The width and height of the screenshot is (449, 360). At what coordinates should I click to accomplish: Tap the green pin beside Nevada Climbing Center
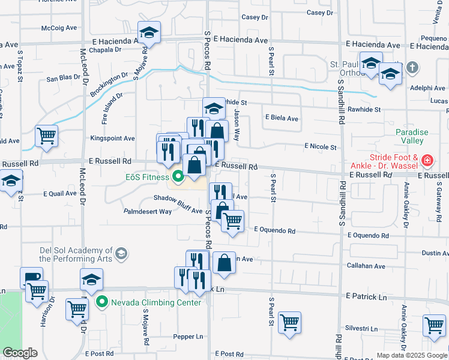101,302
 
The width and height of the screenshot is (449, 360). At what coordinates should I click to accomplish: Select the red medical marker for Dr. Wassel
426,160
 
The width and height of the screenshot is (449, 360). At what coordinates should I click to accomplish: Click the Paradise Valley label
409,136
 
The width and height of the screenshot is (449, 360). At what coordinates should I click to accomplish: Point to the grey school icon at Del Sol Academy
121,254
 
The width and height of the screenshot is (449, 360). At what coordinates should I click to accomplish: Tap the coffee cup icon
31,277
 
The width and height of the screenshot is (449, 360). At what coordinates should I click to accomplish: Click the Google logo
20,353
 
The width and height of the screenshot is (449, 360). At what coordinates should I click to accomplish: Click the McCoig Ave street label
59,28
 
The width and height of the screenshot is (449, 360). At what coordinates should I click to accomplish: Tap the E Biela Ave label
282,118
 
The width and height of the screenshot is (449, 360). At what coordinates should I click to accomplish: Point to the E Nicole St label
321,146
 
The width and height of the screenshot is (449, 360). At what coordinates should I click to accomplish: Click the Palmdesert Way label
148,211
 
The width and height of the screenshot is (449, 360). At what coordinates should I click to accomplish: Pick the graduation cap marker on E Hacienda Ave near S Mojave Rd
149,32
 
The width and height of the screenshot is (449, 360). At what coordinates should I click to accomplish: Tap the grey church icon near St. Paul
412,68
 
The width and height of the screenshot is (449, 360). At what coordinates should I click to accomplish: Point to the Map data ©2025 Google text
411,355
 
